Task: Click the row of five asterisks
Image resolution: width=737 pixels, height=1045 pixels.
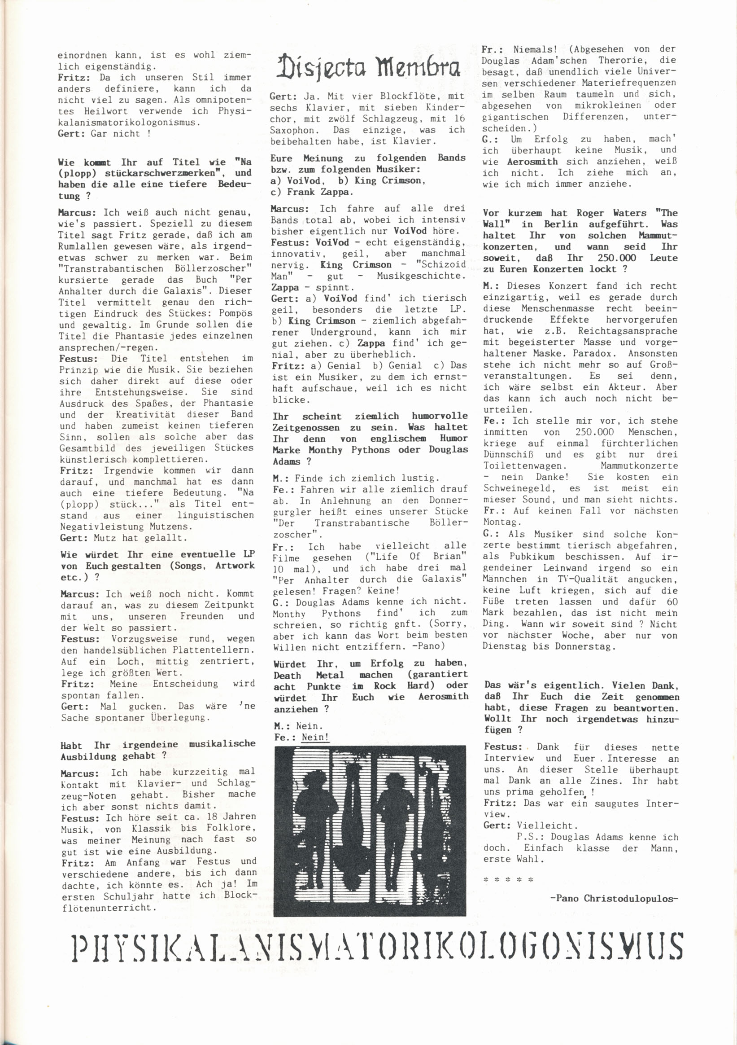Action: click(x=508, y=880)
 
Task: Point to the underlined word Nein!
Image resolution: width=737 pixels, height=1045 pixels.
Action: click(x=315, y=737)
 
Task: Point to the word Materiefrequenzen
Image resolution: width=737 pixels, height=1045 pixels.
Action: click(x=629, y=83)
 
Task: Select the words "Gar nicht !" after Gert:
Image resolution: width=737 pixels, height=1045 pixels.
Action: click(x=121, y=134)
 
